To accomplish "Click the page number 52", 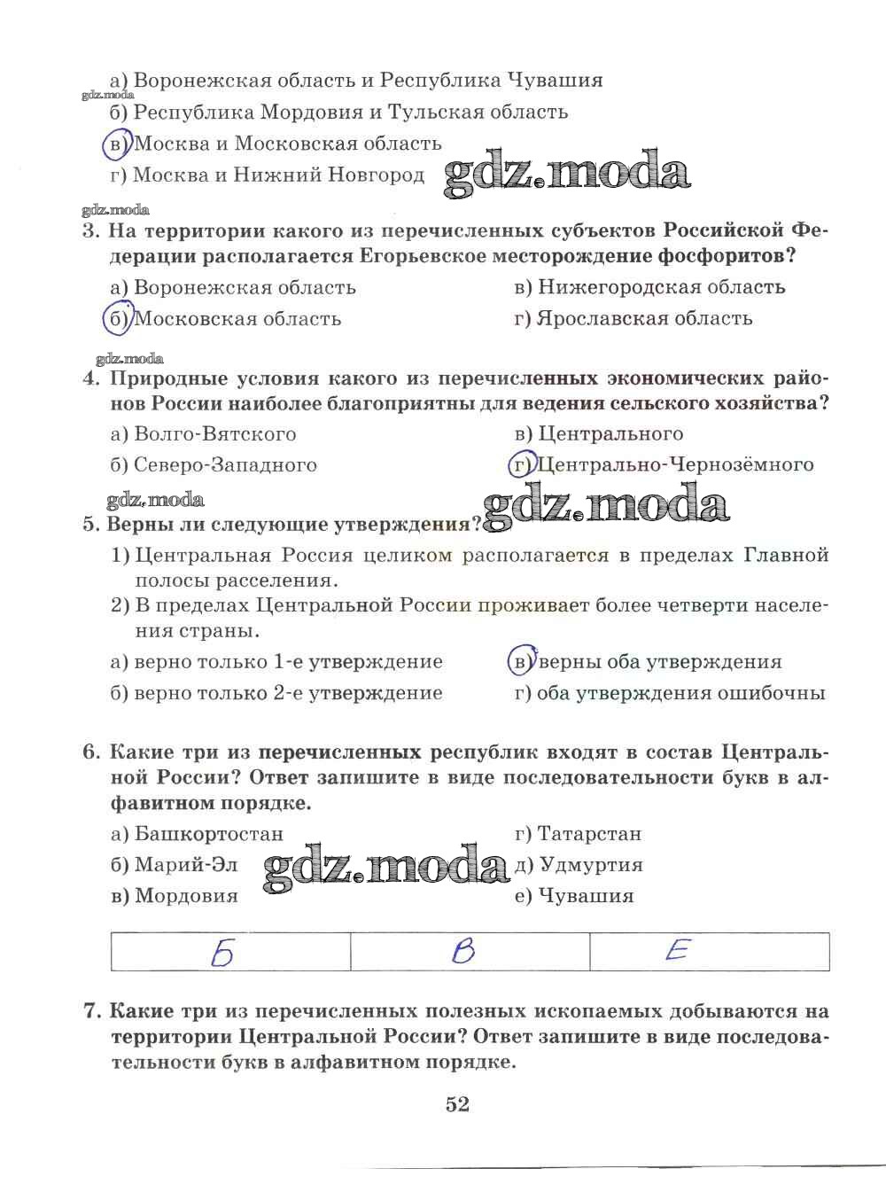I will click(x=457, y=1104).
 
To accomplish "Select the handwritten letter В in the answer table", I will click(x=462, y=952).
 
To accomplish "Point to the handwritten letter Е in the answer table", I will click(x=677, y=951).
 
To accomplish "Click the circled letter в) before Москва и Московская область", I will click(x=116, y=143).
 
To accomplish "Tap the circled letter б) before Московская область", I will click(x=116, y=318).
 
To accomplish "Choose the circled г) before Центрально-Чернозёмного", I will click(x=520, y=464).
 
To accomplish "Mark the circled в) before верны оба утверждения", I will click(x=521, y=661).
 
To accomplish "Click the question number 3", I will click(x=89, y=231).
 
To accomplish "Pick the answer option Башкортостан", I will click(x=209, y=833).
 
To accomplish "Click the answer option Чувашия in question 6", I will click(x=586, y=895).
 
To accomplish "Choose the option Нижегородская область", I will click(x=661, y=286).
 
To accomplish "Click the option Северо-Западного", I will click(x=225, y=464).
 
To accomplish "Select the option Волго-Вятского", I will click(x=215, y=433).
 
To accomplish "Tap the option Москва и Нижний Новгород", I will click(x=278, y=175).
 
